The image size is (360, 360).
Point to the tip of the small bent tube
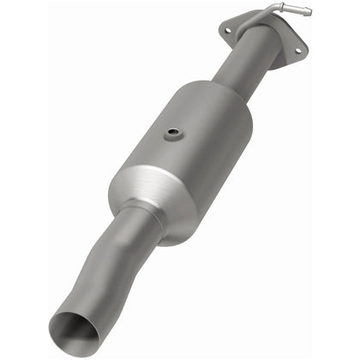308,12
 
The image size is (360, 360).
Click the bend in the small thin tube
276,9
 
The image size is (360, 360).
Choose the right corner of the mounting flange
300,51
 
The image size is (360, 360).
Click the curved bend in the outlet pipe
103,266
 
